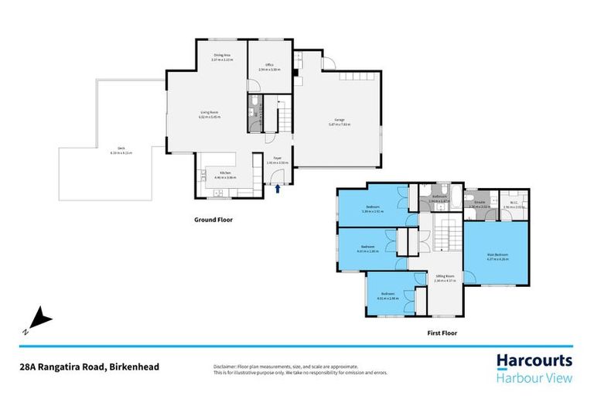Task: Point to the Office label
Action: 269,65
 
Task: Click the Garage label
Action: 337,121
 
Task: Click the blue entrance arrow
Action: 278,186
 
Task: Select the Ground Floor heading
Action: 213,220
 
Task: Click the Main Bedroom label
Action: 497,255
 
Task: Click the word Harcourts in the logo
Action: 534,361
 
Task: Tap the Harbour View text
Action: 534,377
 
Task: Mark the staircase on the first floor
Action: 443,234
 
